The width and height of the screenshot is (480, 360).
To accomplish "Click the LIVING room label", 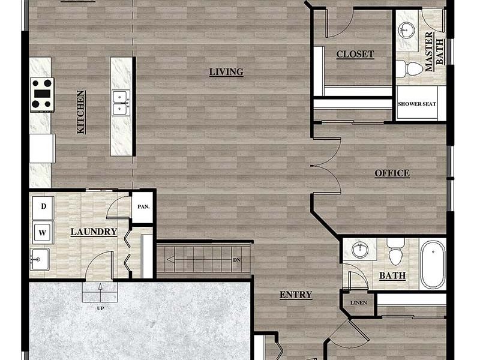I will pyautogui.click(x=226, y=72).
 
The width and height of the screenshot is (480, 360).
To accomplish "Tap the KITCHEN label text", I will pyautogui.click(x=81, y=112).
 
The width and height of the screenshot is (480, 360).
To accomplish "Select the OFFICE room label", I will pyautogui.click(x=392, y=173).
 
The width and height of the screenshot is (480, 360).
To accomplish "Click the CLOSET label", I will pyautogui.click(x=355, y=54).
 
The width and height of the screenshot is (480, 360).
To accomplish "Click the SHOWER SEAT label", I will pyautogui.click(x=417, y=104).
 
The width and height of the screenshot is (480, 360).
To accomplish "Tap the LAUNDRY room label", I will pyautogui.click(x=93, y=232).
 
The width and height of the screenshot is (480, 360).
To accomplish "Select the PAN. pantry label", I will pyautogui.click(x=143, y=207).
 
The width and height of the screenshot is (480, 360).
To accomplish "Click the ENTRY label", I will pyautogui.click(x=296, y=295).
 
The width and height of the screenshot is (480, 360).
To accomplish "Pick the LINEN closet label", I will pyautogui.click(x=358, y=302).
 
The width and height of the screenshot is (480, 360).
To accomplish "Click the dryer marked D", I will pyautogui.click(x=43, y=207).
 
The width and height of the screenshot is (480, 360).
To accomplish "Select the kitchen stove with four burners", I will pyautogui.click(x=43, y=94).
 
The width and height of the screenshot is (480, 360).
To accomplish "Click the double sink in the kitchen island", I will pyautogui.click(x=121, y=102).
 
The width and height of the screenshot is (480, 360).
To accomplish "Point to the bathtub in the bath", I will pyautogui.click(x=433, y=264).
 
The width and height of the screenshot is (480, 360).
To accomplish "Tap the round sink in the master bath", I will pyautogui.click(x=407, y=28).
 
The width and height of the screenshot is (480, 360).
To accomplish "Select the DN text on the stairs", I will pyautogui.click(x=237, y=260).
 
